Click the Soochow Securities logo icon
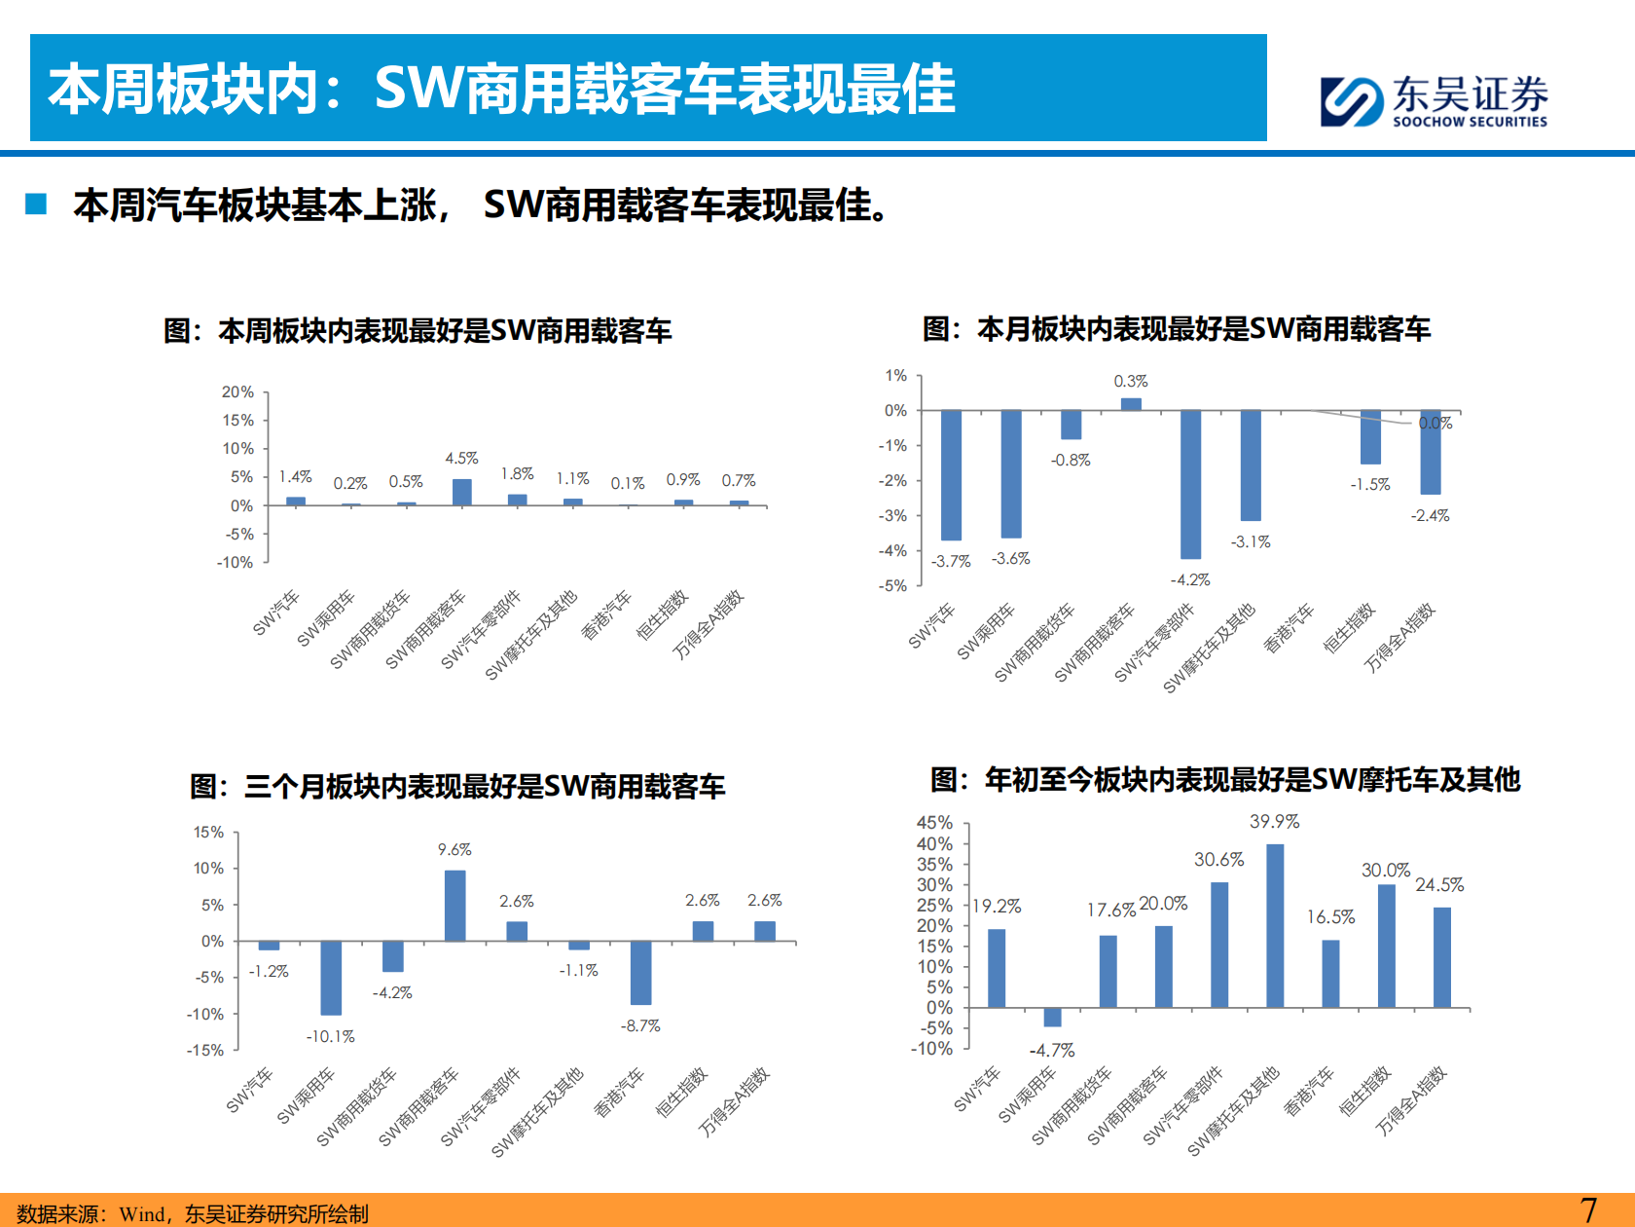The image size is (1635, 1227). [x=1351, y=101]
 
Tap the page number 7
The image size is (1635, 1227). [x=1588, y=1210]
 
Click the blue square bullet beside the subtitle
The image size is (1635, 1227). [x=36, y=204]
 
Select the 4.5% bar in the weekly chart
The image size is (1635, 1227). [x=462, y=492]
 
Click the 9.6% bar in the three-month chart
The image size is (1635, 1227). [x=454, y=906]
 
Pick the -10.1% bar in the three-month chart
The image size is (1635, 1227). [x=331, y=978]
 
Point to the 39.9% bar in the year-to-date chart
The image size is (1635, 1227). [x=1275, y=925]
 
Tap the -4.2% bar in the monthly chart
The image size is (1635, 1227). [x=1190, y=484]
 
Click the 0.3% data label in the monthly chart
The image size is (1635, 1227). [x=1131, y=381]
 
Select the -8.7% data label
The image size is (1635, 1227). [x=640, y=1025]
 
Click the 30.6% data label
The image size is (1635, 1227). [x=1218, y=860]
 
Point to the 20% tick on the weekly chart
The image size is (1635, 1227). [x=237, y=391]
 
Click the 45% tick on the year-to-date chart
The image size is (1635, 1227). [x=934, y=823]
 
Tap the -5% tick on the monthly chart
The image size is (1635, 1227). [x=892, y=585]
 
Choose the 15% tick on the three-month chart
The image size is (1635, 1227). [x=208, y=833]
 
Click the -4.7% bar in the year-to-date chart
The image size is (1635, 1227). [x=1052, y=1018]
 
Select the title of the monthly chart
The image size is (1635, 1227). [x=1177, y=329]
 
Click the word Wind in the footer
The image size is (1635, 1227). [x=142, y=1213]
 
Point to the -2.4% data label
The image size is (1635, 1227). [x=1430, y=515]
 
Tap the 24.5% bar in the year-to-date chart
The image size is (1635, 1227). [x=1442, y=957]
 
